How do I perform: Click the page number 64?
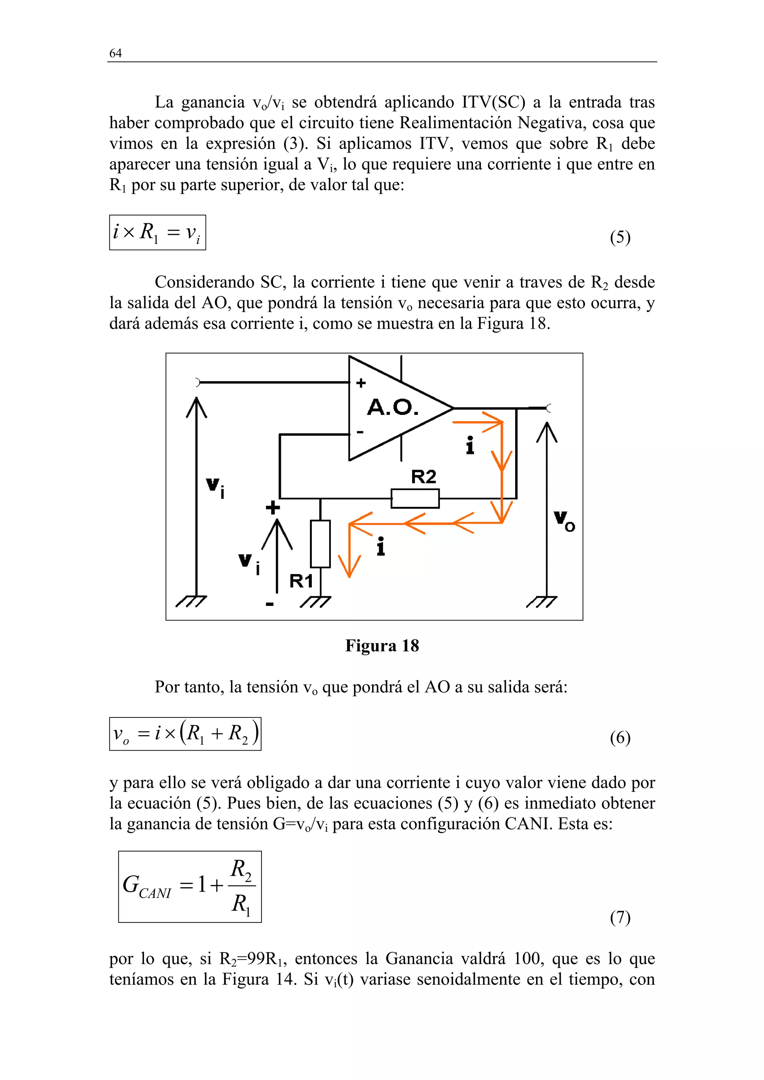click(115, 53)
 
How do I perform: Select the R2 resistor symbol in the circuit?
click(415, 498)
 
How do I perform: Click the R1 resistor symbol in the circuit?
click(320, 543)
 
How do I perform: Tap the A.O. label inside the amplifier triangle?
click(392, 407)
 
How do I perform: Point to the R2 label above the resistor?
click(424, 477)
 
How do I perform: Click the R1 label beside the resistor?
click(301, 581)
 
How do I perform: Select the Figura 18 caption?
click(382, 646)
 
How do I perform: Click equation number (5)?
click(620, 237)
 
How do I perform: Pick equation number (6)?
click(620, 738)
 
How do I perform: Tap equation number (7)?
click(620, 917)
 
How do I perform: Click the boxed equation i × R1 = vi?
click(157, 233)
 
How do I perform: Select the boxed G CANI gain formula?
click(190, 886)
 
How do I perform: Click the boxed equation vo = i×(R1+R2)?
click(185, 734)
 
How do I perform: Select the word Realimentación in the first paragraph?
click(456, 123)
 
